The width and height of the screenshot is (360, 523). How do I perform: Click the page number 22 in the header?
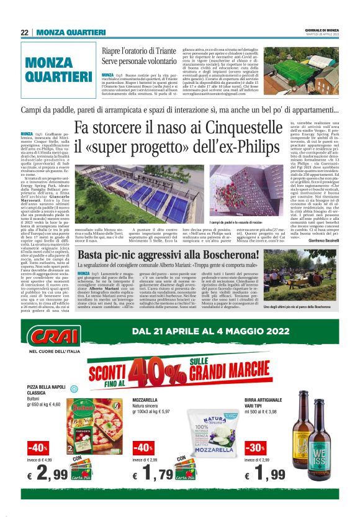click(24, 32)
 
